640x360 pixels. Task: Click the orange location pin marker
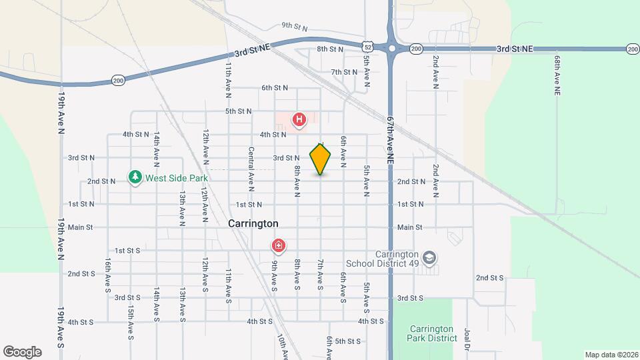click(321, 159)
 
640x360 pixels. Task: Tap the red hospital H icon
click(300, 120)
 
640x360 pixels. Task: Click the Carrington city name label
click(253, 224)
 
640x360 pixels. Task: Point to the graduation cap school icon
click(430, 257)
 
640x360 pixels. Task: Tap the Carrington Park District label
click(430, 333)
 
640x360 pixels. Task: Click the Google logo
click(22, 351)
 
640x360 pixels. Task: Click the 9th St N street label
click(294, 27)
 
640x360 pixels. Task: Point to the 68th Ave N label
click(557, 75)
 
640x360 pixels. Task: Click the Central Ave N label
click(252, 169)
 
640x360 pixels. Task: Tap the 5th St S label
click(348, 341)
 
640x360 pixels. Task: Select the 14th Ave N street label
click(156, 148)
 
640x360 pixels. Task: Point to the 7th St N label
click(345, 72)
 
